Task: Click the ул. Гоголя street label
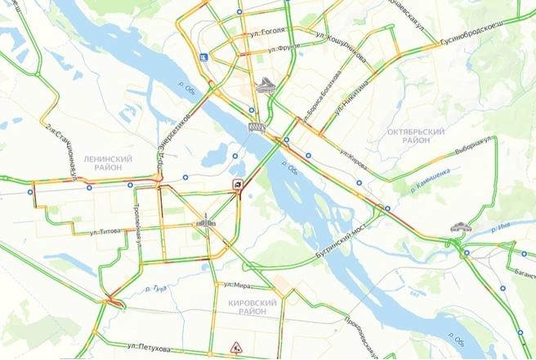click(x=269, y=31)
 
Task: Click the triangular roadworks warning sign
click(x=235, y=348)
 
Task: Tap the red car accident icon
click(x=236, y=184)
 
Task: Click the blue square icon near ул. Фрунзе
click(x=202, y=57)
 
